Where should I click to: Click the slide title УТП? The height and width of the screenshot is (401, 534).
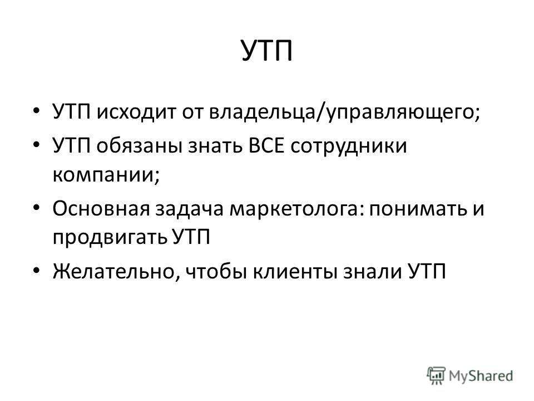click(267, 51)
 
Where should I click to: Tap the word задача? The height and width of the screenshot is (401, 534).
click(189, 209)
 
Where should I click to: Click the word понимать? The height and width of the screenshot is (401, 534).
click(418, 209)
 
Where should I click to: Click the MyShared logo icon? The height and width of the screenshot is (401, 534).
click(436, 376)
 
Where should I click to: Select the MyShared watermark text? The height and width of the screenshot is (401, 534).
click(481, 376)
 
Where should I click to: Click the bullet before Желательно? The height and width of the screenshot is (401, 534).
click(37, 270)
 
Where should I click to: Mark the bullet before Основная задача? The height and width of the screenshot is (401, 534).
click(37, 207)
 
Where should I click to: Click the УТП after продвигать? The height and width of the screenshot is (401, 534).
click(191, 237)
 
